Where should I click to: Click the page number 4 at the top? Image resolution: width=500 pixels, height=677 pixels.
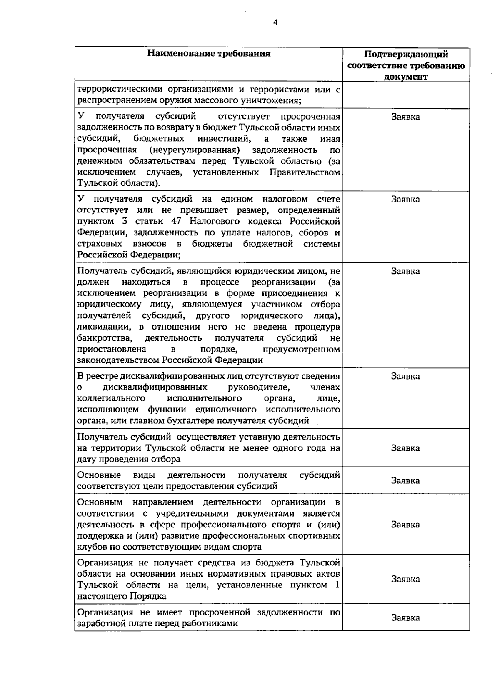(275, 22)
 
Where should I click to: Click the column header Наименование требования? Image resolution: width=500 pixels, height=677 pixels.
(209, 53)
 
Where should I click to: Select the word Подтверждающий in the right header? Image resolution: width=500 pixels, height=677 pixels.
(406, 55)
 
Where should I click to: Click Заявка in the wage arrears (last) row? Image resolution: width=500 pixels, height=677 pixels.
(405, 617)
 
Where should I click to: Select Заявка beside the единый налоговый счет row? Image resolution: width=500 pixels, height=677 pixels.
(405, 199)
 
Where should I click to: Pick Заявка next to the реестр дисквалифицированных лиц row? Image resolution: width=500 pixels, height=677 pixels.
(405, 376)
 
